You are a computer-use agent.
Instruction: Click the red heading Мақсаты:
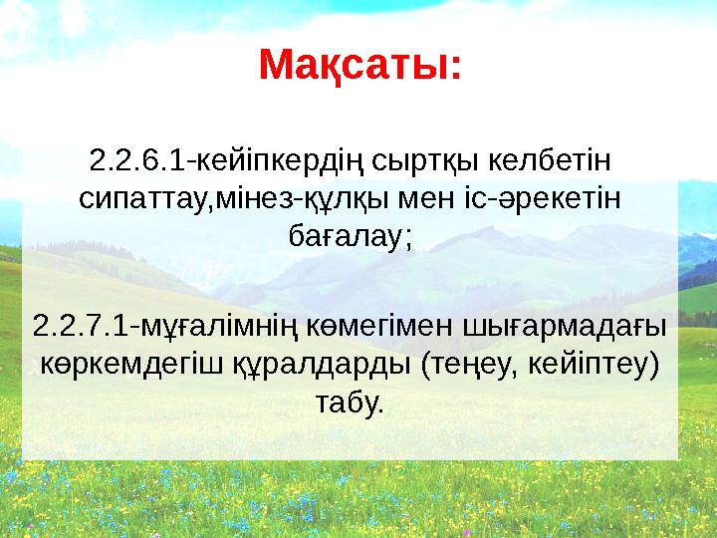(359, 66)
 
